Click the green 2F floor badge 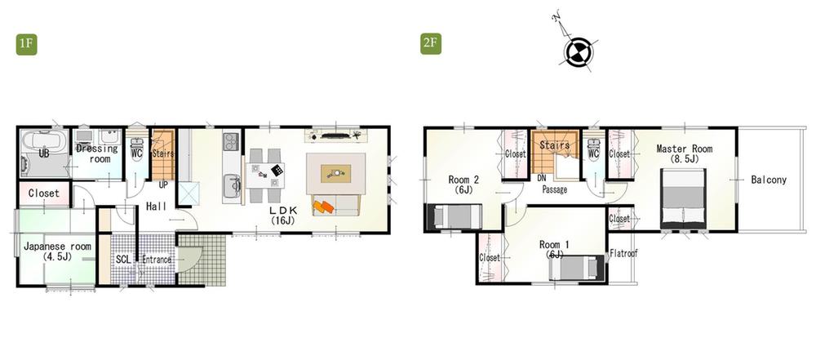pyautogui.click(x=431, y=43)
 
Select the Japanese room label pyautogui.click(x=57, y=251)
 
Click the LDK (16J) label pyautogui.click(x=282, y=215)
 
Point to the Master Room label pyautogui.click(x=685, y=153)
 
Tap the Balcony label pyautogui.click(x=769, y=180)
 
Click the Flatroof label pyautogui.click(x=624, y=253)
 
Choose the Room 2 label pyautogui.click(x=463, y=184)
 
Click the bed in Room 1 pyautogui.click(x=578, y=268)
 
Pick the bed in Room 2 pyautogui.click(x=448, y=217)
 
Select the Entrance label pyautogui.click(x=157, y=260)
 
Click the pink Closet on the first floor pyautogui.click(x=43, y=193)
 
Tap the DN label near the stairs pyautogui.click(x=541, y=178)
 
